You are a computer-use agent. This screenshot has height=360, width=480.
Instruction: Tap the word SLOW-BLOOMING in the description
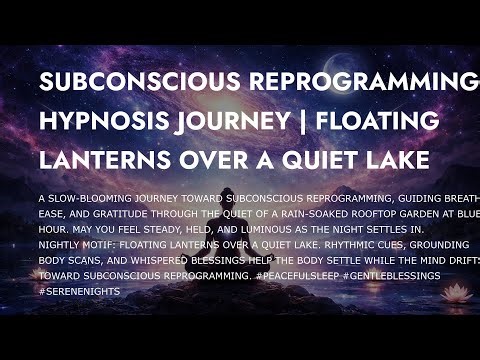pos(84,197)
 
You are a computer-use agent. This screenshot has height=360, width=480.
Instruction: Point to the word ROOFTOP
pos(346,212)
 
